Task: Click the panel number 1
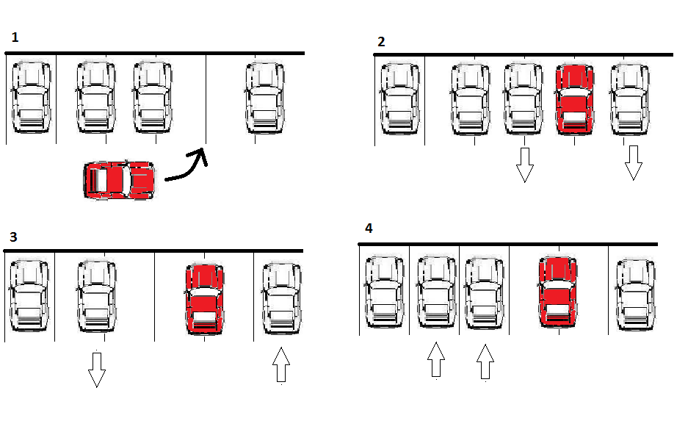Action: (x=15, y=36)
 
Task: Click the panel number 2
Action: (x=380, y=42)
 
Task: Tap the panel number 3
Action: (x=14, y=237)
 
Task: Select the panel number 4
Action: (x=369, y=228)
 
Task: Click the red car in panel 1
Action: (x=120, y=180)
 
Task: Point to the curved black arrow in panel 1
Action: (x=186, y=165)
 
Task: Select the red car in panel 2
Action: (x=575, y=98)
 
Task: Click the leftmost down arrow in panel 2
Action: (x=524, y=164)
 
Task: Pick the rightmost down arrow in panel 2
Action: (x=634, y=162)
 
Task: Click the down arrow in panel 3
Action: (x=96, y=369)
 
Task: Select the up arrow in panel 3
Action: (x=281, y=365)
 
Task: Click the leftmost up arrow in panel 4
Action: (x=436, y=360)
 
